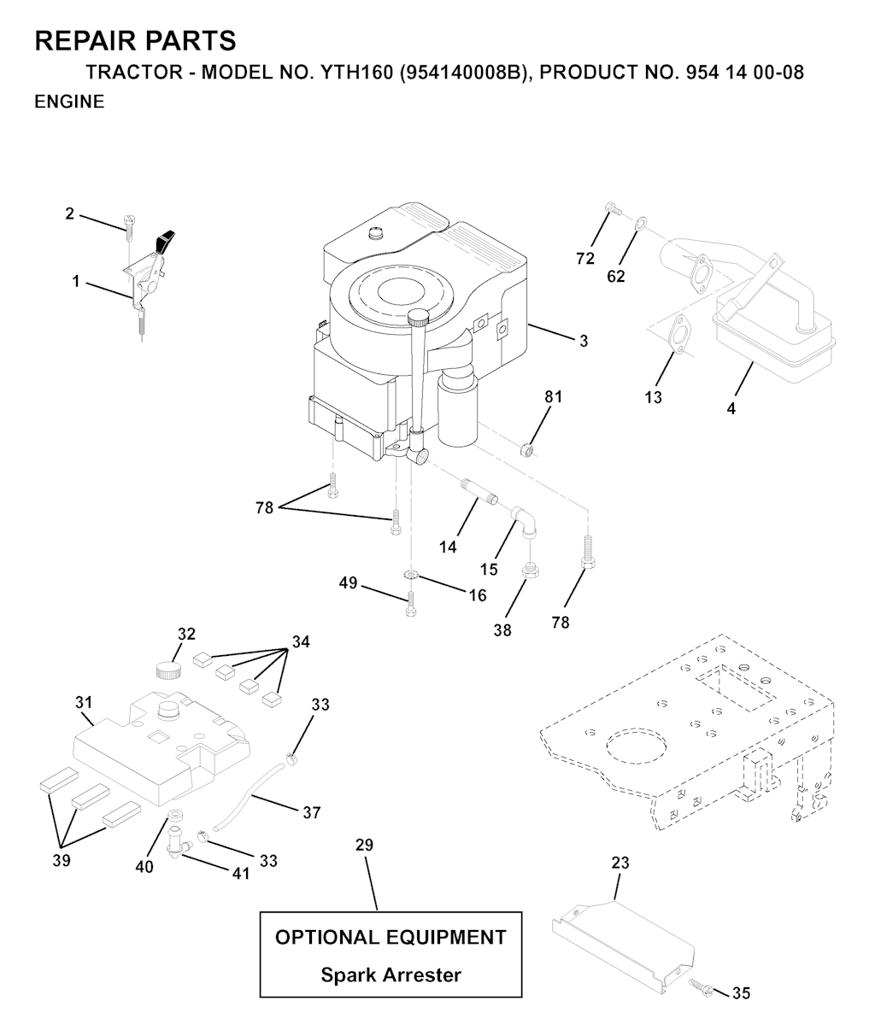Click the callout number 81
point(554,396)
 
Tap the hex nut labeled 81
point(528,450)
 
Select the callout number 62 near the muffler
point(616,277)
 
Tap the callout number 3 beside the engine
point(584,342)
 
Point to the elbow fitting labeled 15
point(526,524)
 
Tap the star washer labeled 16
point(411,575)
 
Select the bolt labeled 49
point(410,604)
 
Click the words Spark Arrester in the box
point(391,975)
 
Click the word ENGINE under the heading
point(69,102)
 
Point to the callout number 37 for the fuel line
point(312,812)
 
